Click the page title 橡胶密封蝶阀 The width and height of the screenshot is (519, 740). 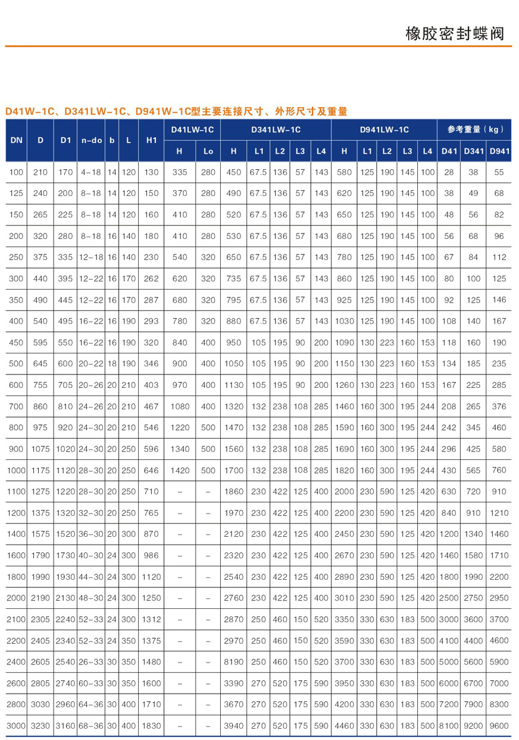454,33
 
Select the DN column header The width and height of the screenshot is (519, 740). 16,140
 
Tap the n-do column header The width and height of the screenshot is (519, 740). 91,140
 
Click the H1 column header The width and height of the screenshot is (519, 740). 151,140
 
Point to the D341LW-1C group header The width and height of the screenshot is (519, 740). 275,129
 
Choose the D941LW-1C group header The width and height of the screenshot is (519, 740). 384,129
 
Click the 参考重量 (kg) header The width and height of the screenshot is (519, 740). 475,129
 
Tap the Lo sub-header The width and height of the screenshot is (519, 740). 208,151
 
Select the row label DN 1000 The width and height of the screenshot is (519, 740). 16,470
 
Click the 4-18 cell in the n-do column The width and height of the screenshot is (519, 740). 91,172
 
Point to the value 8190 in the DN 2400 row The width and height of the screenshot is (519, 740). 233,661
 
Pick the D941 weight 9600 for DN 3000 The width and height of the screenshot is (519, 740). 499,726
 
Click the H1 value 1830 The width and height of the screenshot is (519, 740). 151,726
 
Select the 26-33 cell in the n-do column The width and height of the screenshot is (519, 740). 91,661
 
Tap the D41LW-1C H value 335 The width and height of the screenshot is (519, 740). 179,172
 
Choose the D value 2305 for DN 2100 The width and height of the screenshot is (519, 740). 40,619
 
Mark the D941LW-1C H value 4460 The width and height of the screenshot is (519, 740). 344,726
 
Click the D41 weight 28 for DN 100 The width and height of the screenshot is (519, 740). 449,172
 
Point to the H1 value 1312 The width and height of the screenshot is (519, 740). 151,619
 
